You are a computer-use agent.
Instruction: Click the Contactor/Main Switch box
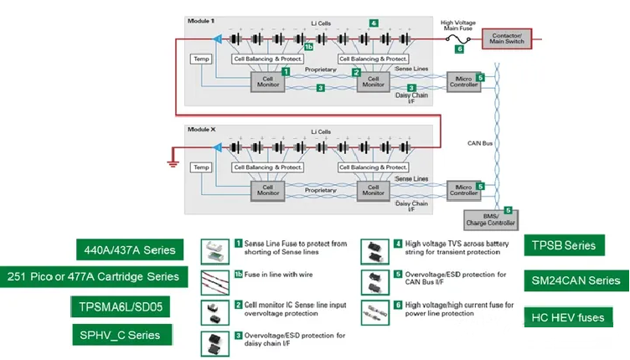point(507,39)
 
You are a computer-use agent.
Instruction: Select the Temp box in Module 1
point(201,59)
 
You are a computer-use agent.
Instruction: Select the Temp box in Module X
point(201,167)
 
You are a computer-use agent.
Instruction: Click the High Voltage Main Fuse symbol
point(458,39)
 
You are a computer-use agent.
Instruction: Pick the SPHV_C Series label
point(121,335)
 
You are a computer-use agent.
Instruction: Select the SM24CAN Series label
point(576,280)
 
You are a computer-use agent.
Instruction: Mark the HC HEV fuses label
point(567,317)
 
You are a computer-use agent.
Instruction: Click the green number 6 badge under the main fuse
point(459,49)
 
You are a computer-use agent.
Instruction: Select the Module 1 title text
point(201,20)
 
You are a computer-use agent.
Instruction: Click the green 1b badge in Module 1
point(309,48)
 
